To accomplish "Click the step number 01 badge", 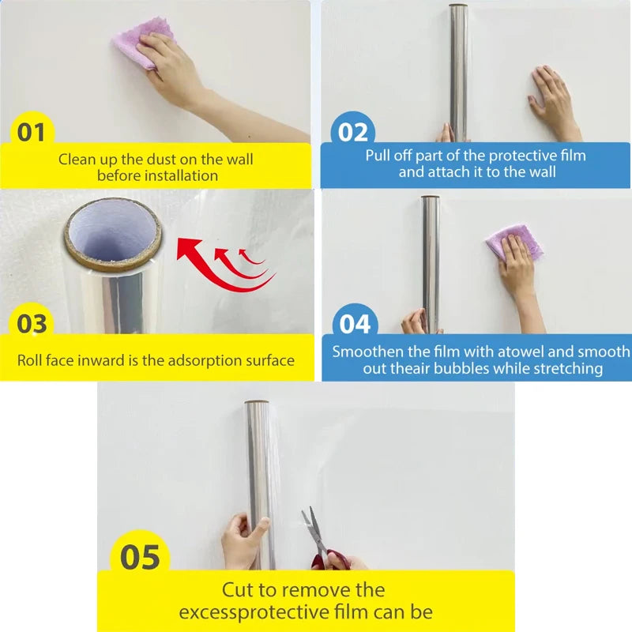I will [32, 132].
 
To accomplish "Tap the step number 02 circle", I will [352, 132].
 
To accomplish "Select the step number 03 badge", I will [32, 323].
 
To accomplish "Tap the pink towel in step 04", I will [513, 240].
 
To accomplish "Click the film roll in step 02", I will [458, 71].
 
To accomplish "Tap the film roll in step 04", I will [431, 261].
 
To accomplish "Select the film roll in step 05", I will [260, 482].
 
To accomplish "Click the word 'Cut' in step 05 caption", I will [238, 589].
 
